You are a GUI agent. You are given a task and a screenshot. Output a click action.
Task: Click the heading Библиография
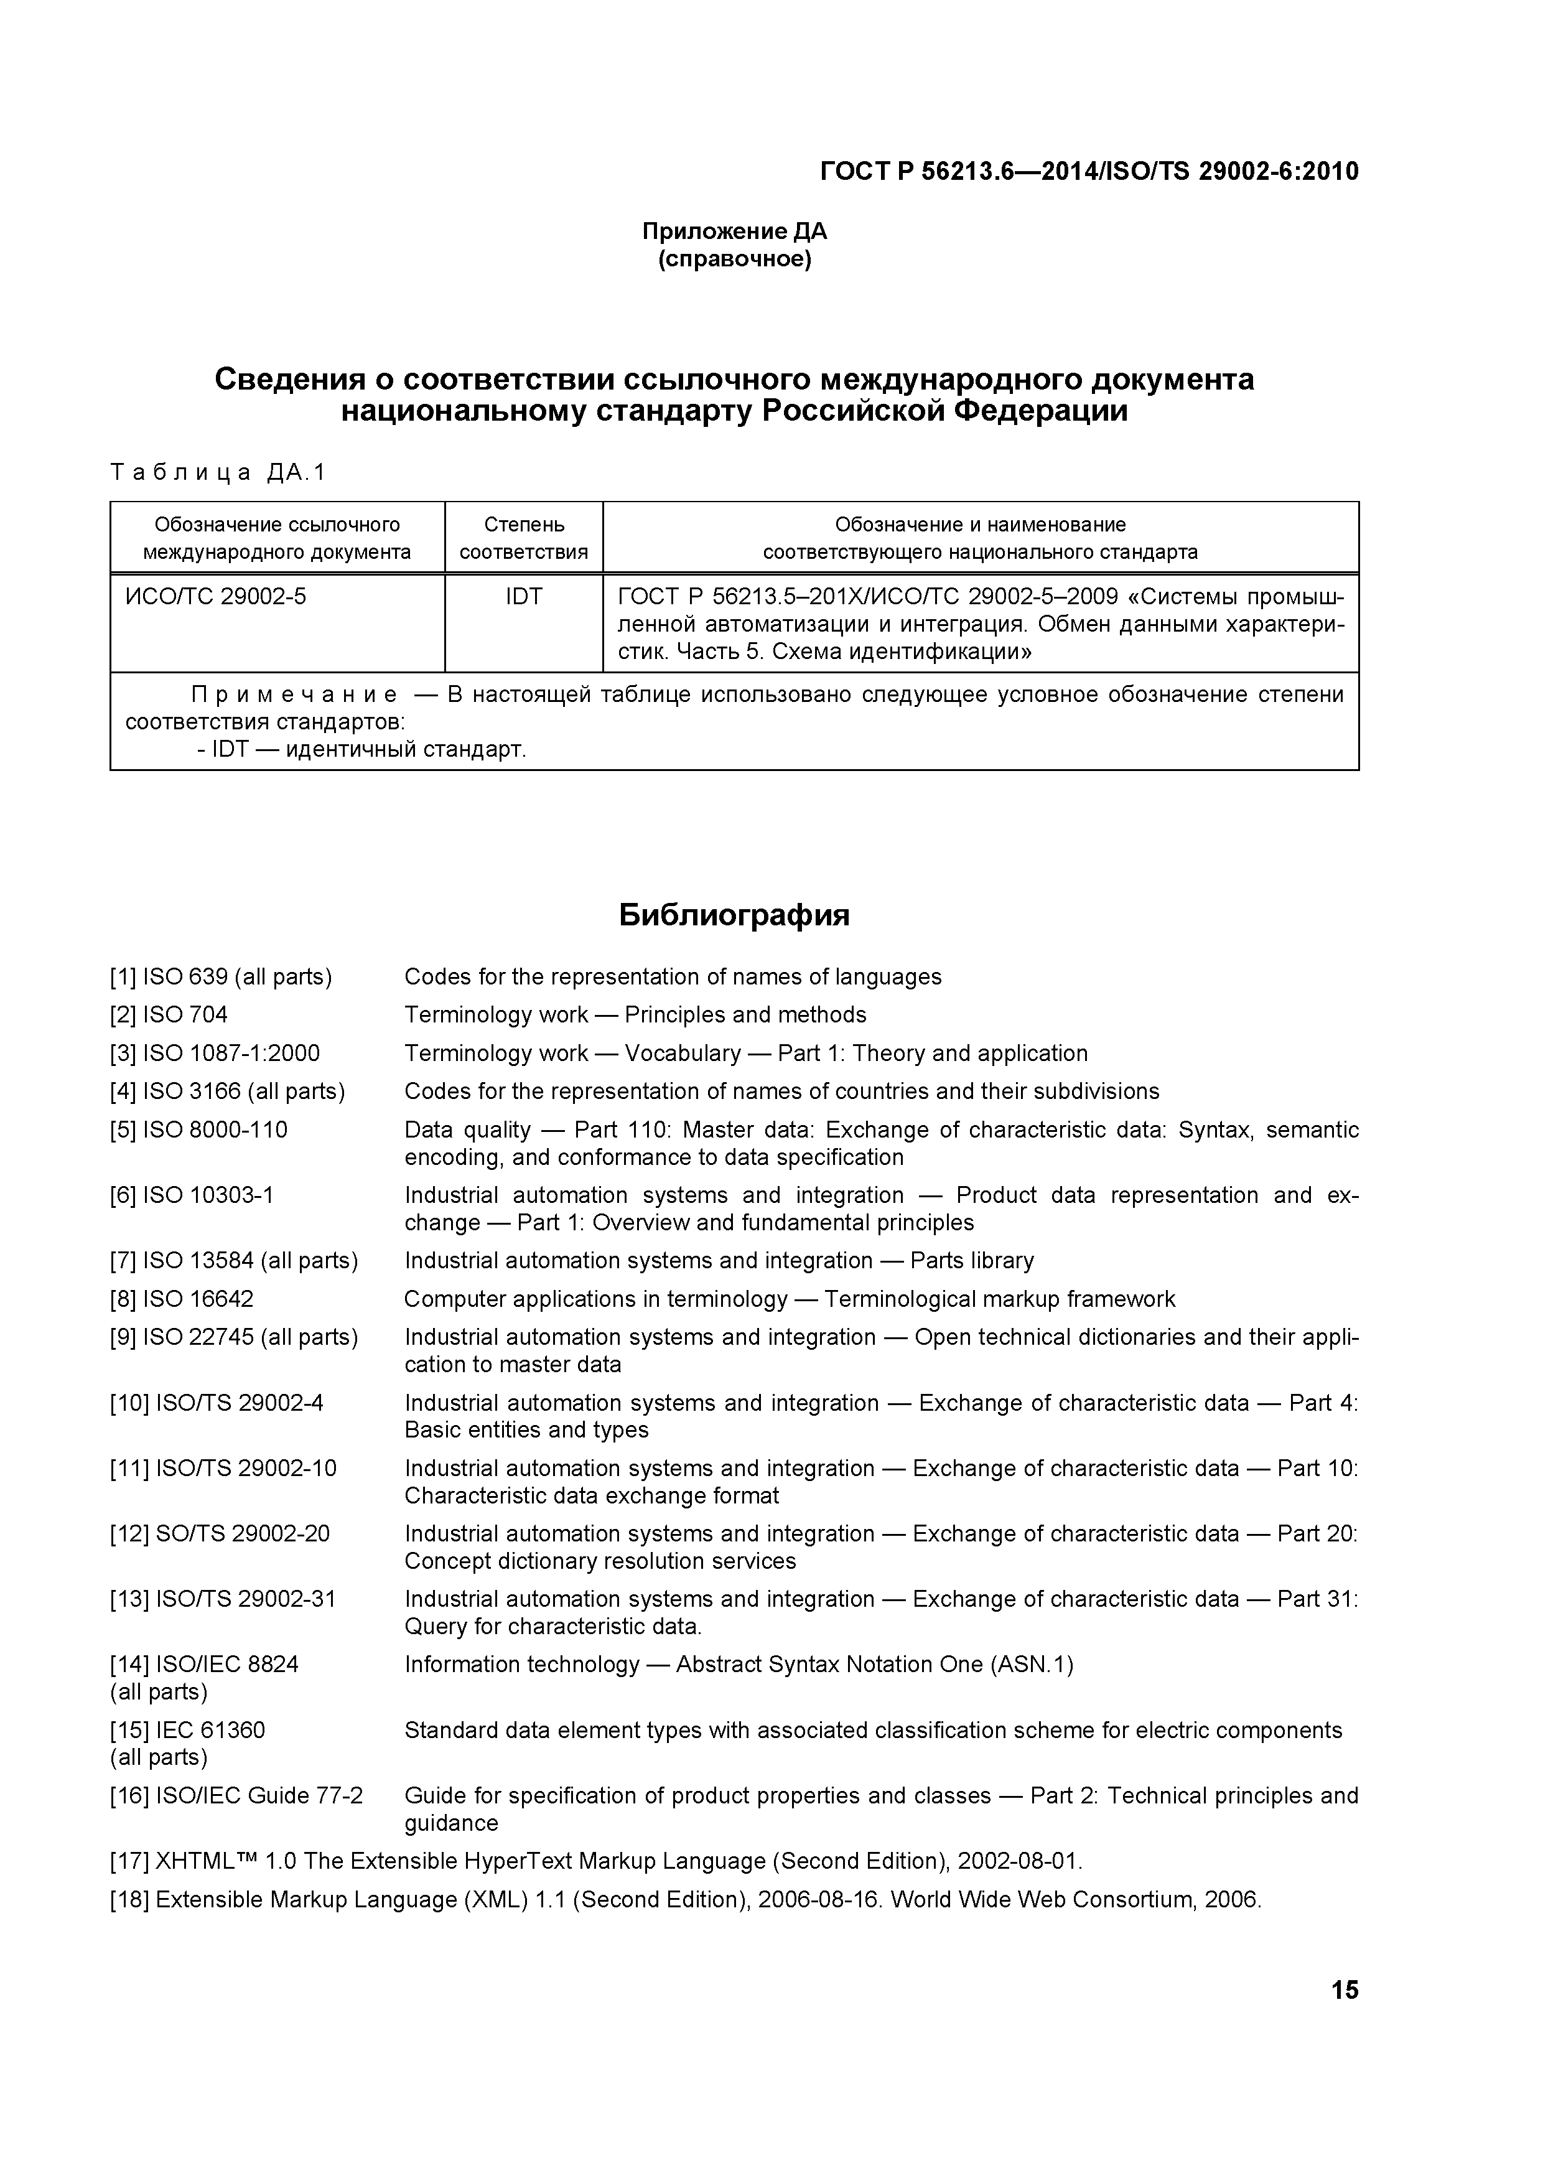point(734,915)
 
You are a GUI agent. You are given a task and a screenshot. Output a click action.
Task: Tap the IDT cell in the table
point(524,596)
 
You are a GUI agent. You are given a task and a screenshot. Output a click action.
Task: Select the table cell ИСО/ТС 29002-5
point(216,596)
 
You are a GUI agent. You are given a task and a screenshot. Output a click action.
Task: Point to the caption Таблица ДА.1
point(218,472)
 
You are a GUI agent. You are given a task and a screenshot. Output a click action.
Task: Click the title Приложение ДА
point(734,231)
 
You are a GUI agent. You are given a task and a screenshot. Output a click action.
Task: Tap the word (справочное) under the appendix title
point(735,259)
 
